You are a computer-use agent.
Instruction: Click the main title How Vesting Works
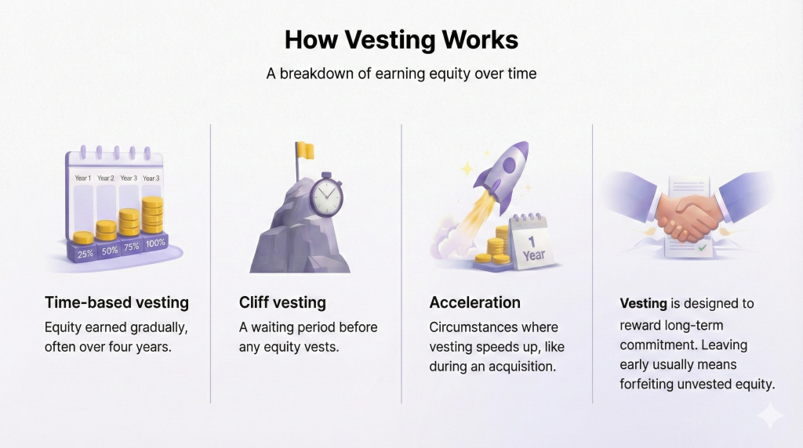401,40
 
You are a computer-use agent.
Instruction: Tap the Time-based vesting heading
117,302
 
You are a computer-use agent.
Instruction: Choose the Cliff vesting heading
282,302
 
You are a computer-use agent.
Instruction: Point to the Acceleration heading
474,302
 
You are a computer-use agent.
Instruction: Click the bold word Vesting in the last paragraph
643,303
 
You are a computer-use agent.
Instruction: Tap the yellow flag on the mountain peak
305,150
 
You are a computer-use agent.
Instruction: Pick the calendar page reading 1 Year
532,243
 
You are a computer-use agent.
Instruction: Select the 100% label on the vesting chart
154,243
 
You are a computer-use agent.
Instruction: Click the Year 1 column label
83,178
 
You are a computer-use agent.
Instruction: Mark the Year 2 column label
107,178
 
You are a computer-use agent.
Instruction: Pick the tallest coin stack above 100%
153,215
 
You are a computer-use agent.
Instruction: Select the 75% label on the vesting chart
130,246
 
